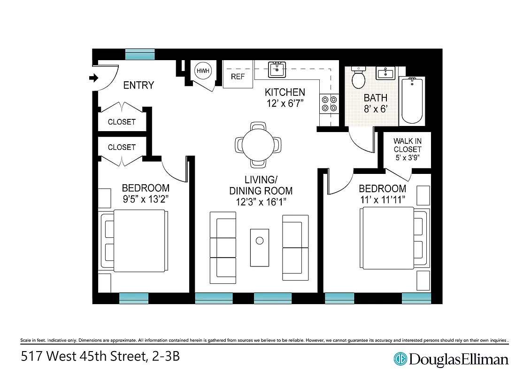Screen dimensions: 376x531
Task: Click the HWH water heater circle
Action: tap(203, 71)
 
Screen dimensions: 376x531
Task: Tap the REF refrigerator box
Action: tap(238, 76)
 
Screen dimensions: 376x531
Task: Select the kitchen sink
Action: tap(277, 70)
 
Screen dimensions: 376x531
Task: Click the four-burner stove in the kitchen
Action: tap(329, 103)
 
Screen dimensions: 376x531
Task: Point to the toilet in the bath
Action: tap(359, 78)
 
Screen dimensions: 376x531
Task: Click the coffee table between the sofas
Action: tap(260, 247)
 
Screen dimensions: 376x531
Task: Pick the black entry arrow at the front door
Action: tap(94, 78)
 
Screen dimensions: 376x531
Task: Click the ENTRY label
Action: tap(139, 86)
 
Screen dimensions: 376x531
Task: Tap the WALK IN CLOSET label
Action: tap(407, 149)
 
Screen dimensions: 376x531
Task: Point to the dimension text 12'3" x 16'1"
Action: tap(261, 202)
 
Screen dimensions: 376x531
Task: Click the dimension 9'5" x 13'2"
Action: tap(146, 199)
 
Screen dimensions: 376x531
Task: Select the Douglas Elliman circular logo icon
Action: tap(400, 360)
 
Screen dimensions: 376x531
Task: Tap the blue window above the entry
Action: tap(140, 54)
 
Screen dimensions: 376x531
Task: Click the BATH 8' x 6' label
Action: tap(376, 103)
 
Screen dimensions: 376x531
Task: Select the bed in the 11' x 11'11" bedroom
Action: tap(387, 239)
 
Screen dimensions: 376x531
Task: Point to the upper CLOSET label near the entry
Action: tap(122, 122)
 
